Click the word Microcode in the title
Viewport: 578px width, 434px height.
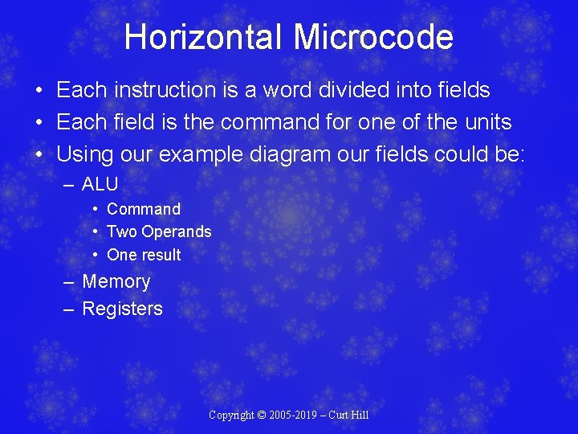[373, 38]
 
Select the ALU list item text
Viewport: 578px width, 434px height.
[100, 184]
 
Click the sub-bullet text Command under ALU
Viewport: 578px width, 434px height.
[144, 209]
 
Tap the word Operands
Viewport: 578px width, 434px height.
[177, 232]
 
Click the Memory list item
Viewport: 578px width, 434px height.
[116, 281]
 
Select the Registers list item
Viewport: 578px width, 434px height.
[122, 309]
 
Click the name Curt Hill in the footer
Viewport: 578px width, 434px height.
[352, 415]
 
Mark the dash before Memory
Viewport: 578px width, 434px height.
[69, 282]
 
